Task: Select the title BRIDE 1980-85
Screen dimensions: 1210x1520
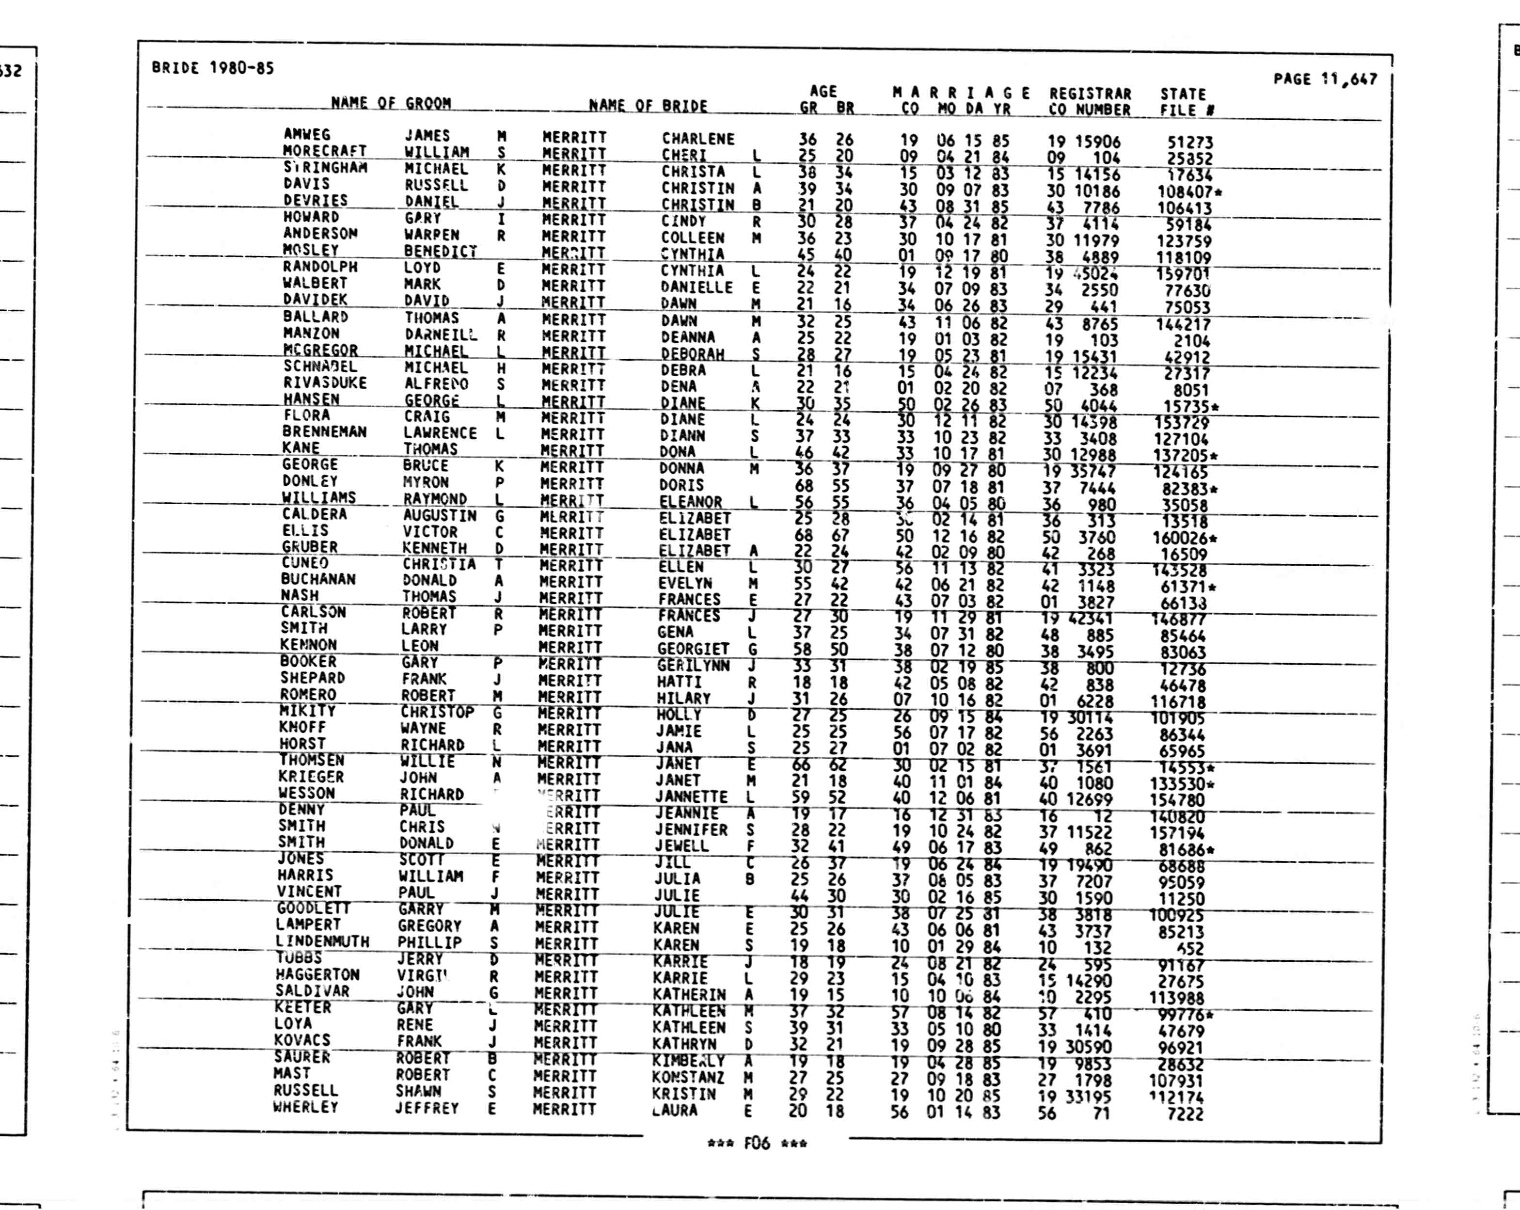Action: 213,68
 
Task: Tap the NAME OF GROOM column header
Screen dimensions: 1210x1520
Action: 391,103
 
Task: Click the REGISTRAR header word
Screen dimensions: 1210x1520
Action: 1090,94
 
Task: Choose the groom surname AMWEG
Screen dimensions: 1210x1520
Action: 307,134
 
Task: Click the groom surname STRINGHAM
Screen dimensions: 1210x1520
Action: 326,168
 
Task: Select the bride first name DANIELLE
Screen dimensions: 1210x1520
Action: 697,287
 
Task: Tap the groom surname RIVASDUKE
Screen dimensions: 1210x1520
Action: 325,383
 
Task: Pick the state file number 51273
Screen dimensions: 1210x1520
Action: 1189,143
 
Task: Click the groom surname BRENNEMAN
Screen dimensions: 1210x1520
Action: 324,431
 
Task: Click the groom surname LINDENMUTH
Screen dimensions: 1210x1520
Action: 322,941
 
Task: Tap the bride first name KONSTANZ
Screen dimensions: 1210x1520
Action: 687,1078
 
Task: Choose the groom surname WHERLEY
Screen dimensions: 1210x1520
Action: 305,1107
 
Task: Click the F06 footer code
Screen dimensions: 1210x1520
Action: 757,1143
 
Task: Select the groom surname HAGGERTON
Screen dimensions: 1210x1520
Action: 317,974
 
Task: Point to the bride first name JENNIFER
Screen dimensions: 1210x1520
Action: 691,830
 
